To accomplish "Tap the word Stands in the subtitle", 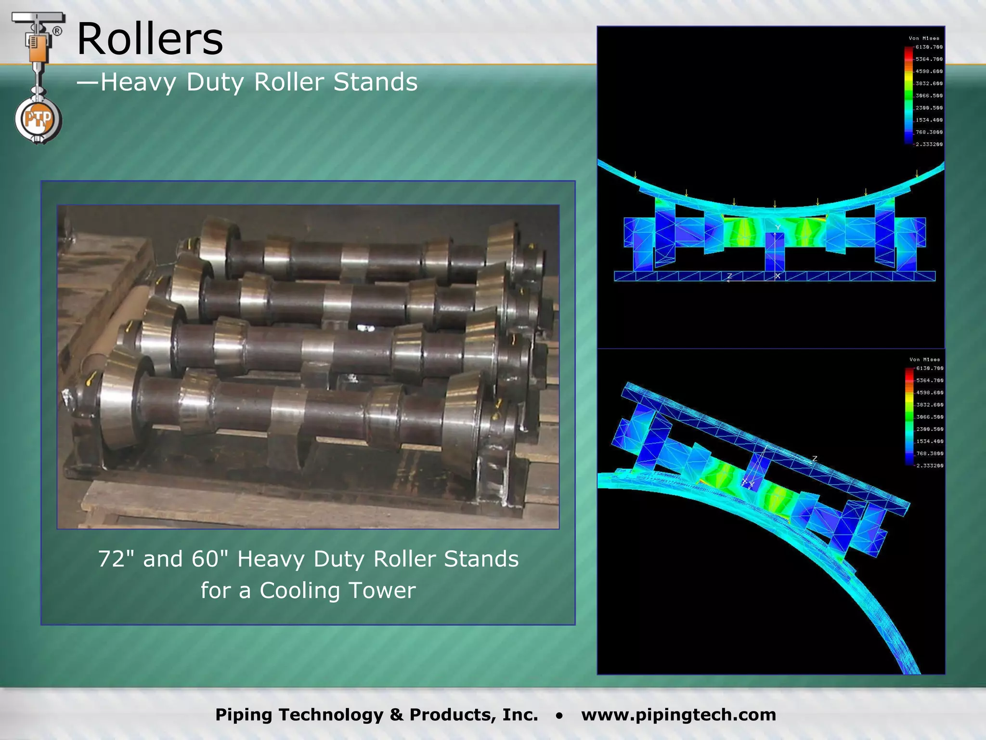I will tap(376, 82).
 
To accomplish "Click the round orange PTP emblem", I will tap(38, 119).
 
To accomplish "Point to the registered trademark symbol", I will tap(57, 31).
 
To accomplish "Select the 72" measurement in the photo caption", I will tap(117, 559).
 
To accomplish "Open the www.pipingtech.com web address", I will tap(678, 714).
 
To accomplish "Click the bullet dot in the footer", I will tap(559, 715).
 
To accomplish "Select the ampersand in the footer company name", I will tap(397, 714).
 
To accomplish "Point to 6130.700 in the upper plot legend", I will tap(929, 47).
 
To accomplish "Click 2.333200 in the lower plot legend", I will tap(929, 466).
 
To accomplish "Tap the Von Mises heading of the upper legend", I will tap(923, 38).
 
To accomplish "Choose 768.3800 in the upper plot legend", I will tap(929, 132).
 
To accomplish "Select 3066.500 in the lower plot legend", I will tap(929, 417).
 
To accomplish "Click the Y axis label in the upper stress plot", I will tap(778, 227).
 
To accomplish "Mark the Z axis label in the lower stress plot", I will tap(815, 459).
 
